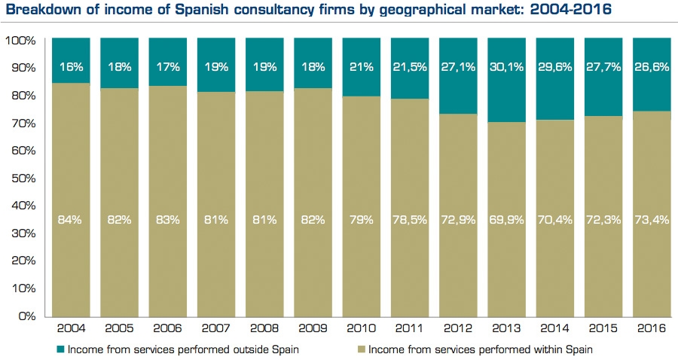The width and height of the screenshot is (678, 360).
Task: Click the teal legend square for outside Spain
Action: click(60, 349)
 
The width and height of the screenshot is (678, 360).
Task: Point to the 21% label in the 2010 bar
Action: click(364, 67)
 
